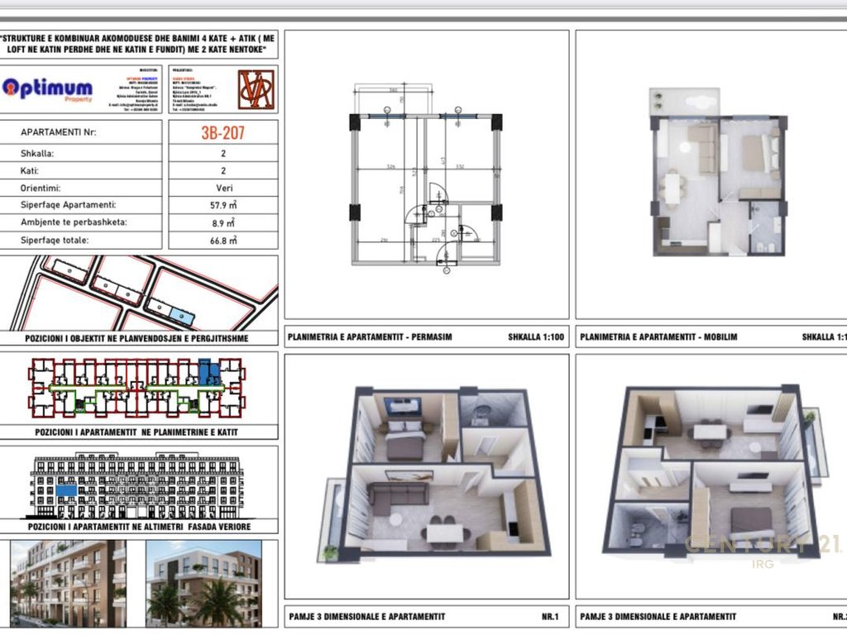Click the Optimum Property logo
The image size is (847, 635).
tap(48, 88)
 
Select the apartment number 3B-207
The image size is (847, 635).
tap(223, 132)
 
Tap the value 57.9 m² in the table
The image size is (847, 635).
tap(223, 205)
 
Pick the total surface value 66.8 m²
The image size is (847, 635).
tap(223, 241)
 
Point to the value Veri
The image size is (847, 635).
tap(223, 188)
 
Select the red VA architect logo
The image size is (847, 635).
tap(256, 89)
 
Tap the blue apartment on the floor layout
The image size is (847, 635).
tap(208, 372)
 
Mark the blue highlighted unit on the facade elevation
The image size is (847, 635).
tap(66, 490)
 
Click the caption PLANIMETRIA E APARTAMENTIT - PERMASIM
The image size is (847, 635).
tap(370, 337)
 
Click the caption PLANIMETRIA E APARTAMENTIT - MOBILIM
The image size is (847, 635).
tap(658, 337)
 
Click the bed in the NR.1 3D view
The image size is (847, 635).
tap(404, 444)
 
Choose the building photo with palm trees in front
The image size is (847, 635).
tap(203, 583)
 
